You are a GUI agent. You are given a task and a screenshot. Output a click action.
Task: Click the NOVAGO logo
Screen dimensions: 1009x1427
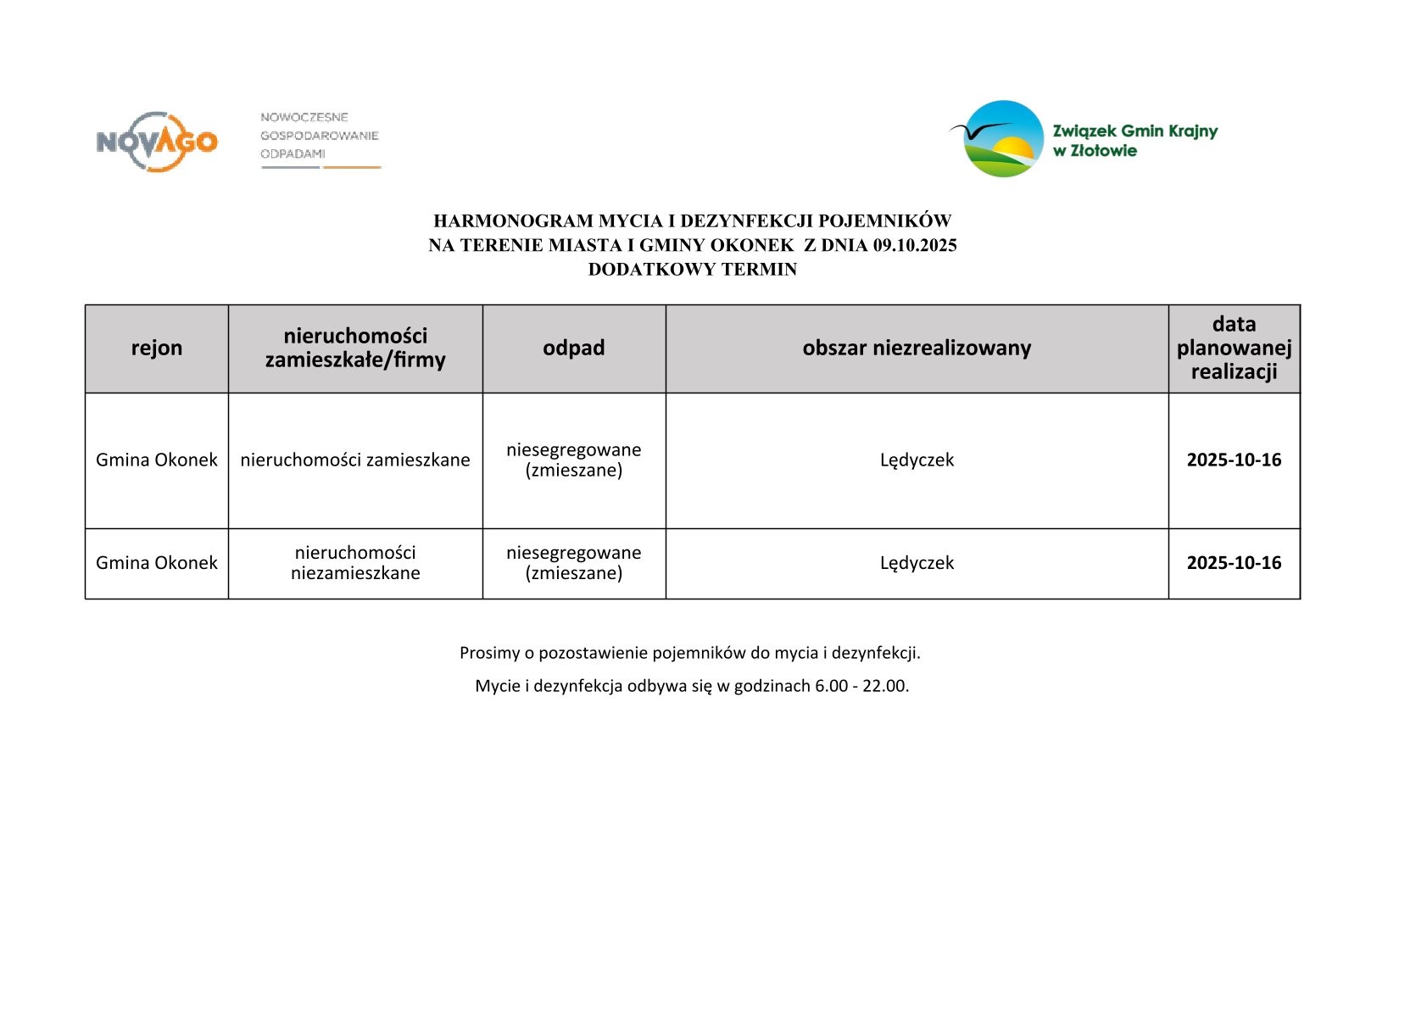(x=157, y=141)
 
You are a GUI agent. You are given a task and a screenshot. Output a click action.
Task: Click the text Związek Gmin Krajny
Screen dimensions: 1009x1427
(x=1134, y=131)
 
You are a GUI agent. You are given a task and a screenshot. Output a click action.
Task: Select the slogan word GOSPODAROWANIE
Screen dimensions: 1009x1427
(x=319, y=136)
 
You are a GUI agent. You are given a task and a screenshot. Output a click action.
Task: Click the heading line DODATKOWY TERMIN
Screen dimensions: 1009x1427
(x=692, y=270)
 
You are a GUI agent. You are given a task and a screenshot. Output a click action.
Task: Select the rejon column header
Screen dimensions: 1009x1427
(x=157, y=348)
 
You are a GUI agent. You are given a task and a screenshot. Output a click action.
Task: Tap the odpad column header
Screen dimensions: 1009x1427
(x=574, y=348)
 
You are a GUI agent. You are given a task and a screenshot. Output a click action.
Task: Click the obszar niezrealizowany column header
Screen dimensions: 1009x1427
(x=917, y=348)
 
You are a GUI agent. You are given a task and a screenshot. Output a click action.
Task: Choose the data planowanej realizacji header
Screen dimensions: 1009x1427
(x=1234, y=348)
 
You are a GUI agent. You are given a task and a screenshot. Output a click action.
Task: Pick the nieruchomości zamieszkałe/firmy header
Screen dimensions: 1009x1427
(x=355, y=348)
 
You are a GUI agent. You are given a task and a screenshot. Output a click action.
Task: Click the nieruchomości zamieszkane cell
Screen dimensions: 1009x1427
(x=355, y=460)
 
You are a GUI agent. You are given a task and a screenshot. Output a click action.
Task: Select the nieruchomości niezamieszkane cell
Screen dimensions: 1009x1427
(x=355, y=563)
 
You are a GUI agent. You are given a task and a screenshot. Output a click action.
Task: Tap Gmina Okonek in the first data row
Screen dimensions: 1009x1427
(x=157, y=460)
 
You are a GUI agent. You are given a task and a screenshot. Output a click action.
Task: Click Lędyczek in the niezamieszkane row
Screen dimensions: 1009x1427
(x=917, y=563)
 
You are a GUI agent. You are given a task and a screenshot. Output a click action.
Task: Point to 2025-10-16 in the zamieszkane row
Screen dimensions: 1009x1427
(x=1234, y=460)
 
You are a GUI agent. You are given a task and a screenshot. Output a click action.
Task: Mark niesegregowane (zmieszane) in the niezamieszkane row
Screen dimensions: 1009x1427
(x=574, y=563)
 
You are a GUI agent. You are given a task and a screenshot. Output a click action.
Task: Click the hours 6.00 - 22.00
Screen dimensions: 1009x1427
(x=861, y=686)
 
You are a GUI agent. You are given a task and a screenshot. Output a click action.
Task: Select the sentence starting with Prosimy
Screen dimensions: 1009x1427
(x=690, y=653)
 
